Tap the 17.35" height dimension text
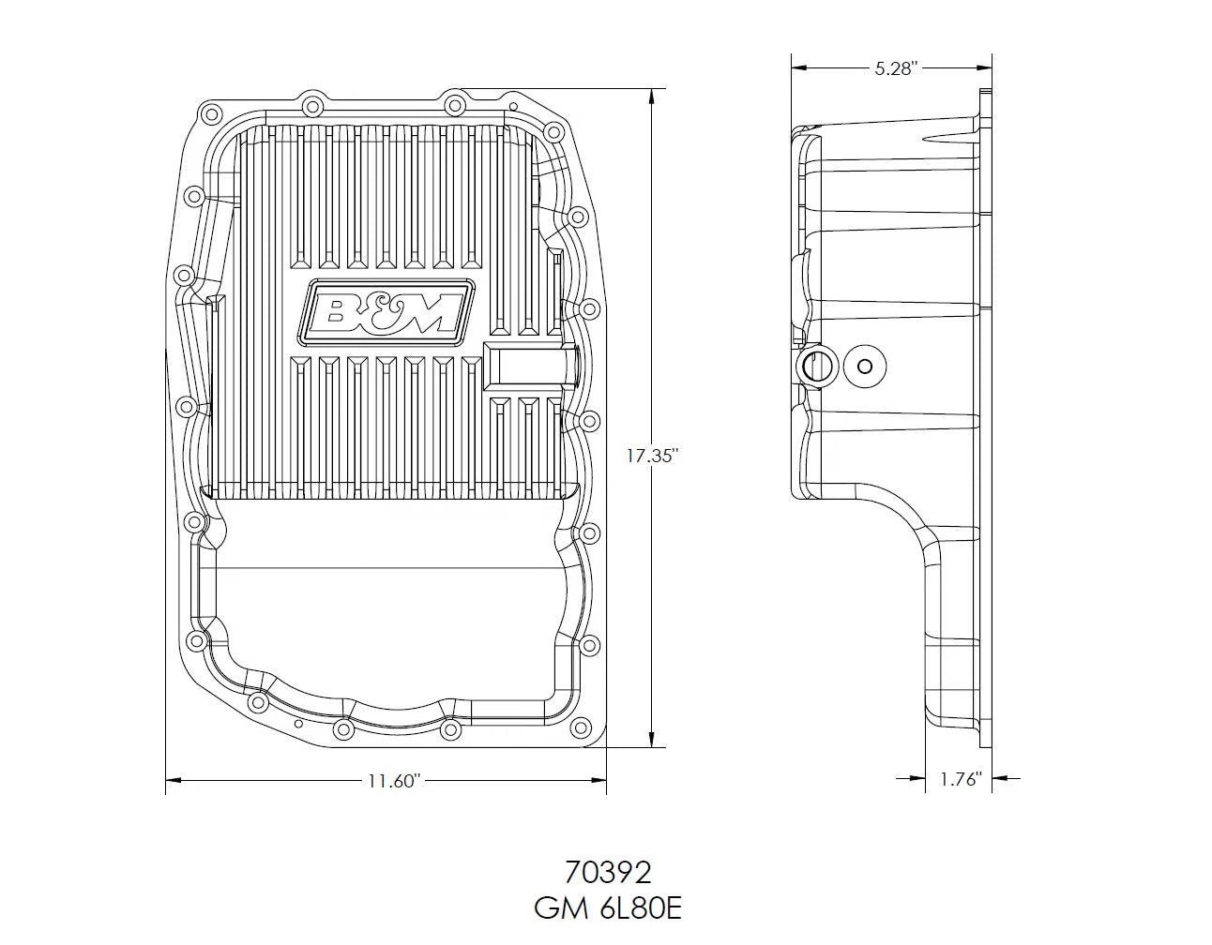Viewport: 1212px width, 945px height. (652, 457)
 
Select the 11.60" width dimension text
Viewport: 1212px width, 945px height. (386, 780)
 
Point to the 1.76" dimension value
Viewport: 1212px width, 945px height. (960, 778)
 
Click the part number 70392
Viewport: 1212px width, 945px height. (608, 873)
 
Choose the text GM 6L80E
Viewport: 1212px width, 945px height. (608, 909)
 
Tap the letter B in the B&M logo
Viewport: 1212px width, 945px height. (333, 310)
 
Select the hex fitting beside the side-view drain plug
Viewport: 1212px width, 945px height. (814, 367)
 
